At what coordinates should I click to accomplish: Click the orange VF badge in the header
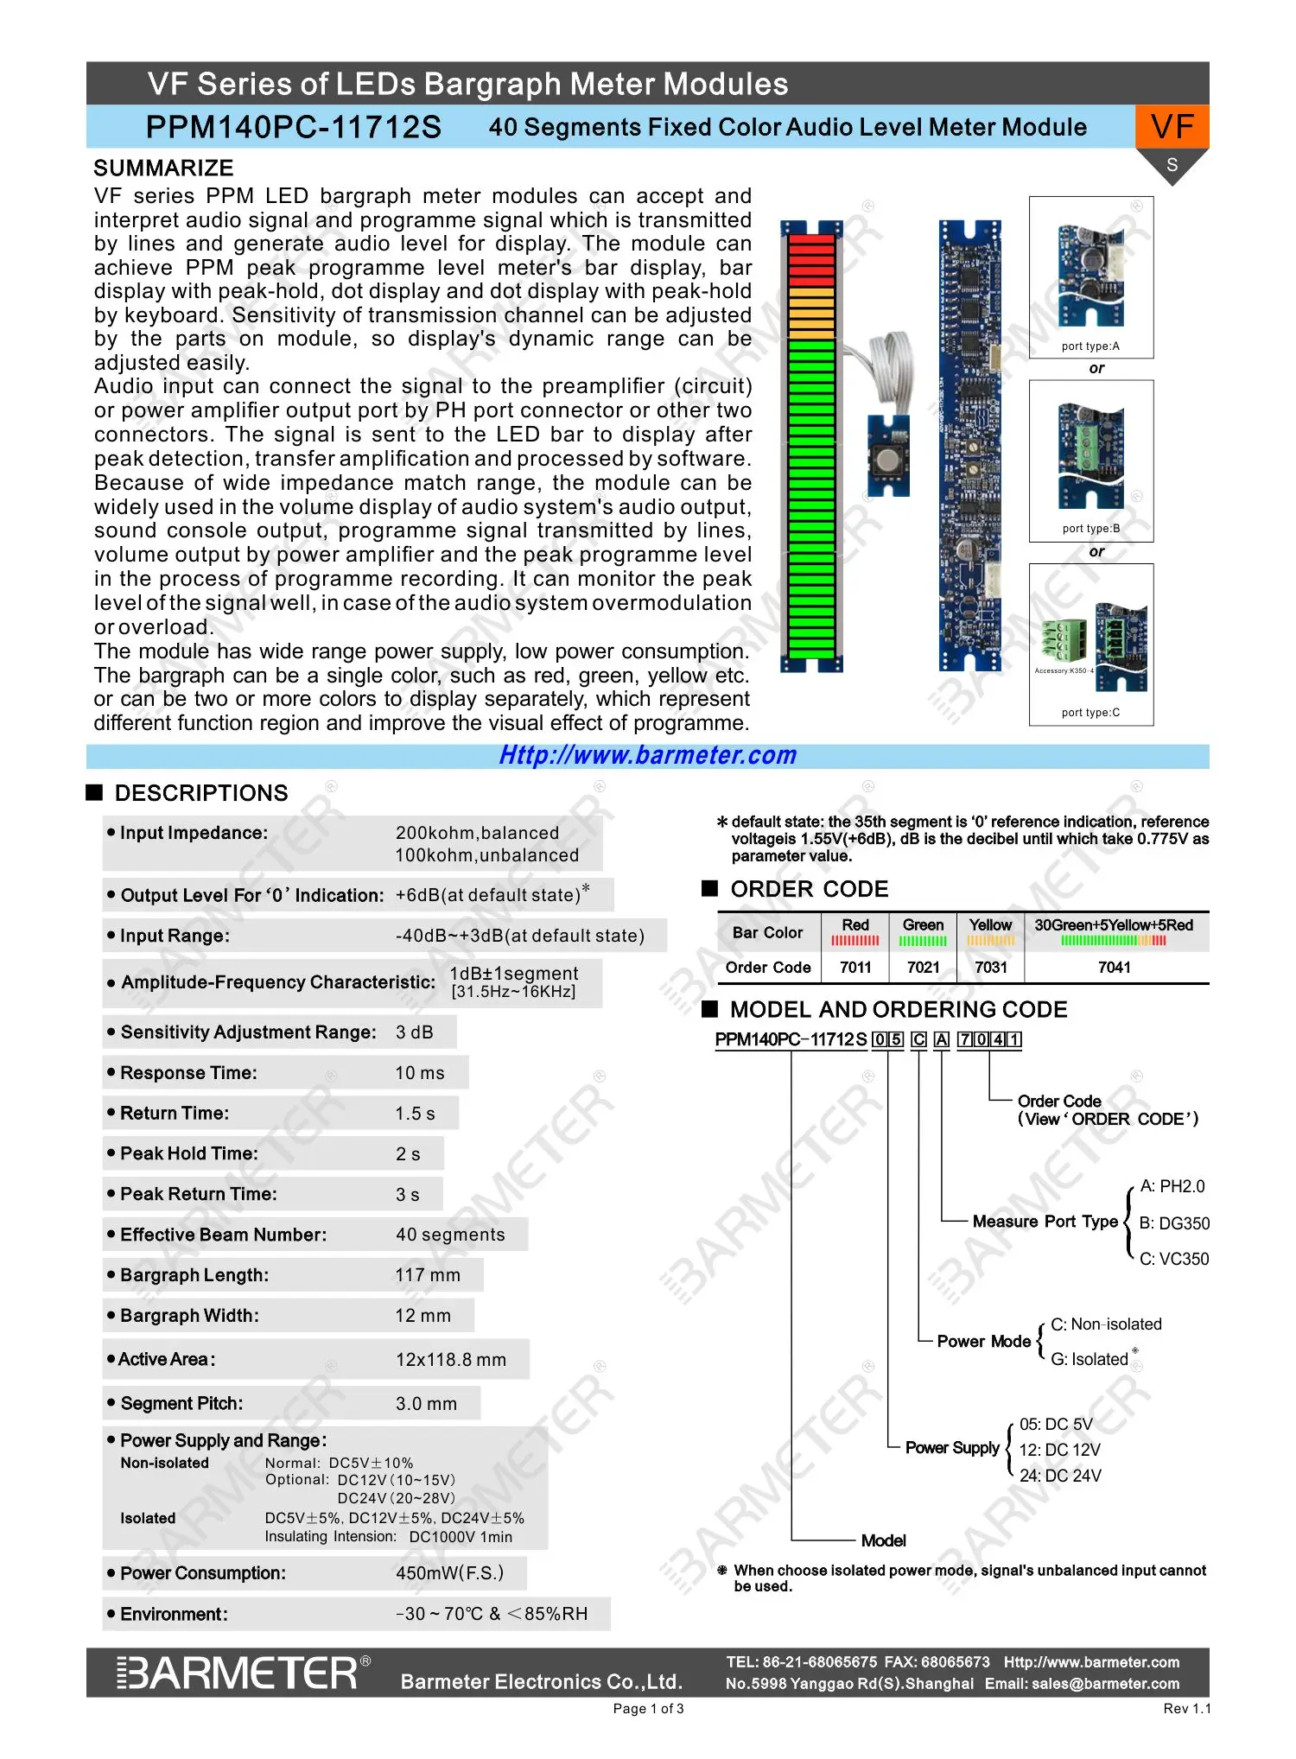1172,127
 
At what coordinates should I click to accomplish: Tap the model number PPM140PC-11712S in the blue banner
293,127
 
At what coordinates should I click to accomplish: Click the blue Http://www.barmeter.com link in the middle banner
647,755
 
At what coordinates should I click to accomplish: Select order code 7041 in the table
1114,968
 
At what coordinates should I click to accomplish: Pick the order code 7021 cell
923,968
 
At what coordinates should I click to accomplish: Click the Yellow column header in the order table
990,925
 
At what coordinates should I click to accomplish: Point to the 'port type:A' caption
1090,346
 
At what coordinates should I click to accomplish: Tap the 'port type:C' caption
1090,713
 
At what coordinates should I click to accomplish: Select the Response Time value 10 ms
420,1073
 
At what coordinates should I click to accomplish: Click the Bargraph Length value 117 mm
428,1275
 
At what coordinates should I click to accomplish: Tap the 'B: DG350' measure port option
1174,1223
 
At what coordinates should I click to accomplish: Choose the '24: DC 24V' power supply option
1060,1476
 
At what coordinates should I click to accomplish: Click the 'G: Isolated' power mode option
1089,1359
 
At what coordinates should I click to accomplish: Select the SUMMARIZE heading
163,168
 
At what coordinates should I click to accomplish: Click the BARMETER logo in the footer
242,1673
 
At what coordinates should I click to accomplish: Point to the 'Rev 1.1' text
1186,1709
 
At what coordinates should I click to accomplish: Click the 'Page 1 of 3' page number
648,1709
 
